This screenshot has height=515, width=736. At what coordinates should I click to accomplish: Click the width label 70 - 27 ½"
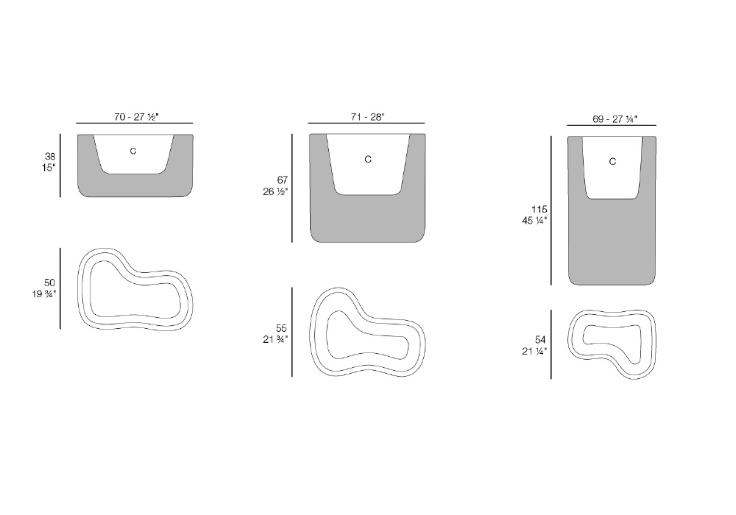coord(137,117)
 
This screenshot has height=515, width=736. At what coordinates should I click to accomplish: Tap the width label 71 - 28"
coord(367,117)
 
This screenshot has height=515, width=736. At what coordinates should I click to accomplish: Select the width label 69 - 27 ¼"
coord(615,119)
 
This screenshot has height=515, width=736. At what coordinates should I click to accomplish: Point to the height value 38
coord(50,156)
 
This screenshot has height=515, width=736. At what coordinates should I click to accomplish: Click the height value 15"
coord(49,168)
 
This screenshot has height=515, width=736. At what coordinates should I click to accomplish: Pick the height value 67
coord(282,180)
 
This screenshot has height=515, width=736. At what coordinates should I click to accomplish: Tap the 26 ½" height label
coord(275,191)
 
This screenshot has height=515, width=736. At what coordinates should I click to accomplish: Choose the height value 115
coord(539,209)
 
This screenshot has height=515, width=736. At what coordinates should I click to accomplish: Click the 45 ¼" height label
coord(534,221)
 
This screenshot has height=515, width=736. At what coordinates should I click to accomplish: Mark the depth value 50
coord(50,283)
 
